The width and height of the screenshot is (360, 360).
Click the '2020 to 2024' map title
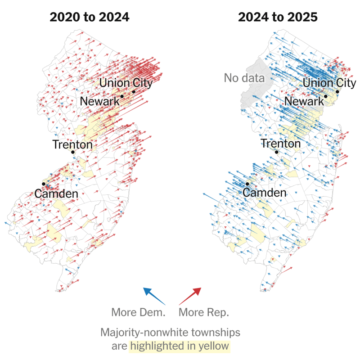(90, 17)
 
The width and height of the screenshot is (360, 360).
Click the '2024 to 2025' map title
(278, 17)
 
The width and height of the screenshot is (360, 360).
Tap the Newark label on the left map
(100, 101)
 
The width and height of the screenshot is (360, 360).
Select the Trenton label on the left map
(72, 145)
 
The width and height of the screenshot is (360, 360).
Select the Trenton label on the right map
(281, 144)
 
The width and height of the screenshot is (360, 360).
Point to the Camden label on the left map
(57, 194)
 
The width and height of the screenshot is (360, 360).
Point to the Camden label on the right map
(265, 193)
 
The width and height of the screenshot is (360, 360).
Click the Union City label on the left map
(126, 83)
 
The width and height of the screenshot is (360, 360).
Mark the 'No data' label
(244, 78)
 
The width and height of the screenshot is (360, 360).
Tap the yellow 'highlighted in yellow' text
(180, 346)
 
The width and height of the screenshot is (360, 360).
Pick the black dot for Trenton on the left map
(73, 152)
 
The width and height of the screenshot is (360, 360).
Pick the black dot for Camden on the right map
(247, 184)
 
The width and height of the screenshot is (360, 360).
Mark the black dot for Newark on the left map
(122, 96)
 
